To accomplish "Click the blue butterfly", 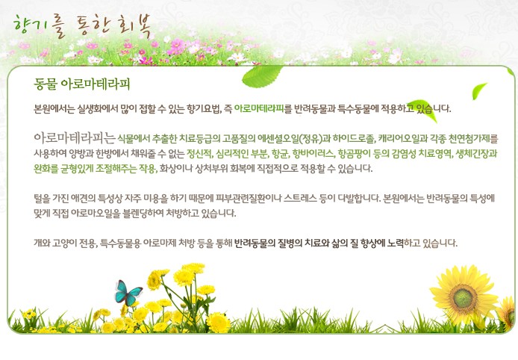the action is click(128, 293).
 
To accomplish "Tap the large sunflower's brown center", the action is click(464, 297).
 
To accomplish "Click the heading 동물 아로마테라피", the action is click(82, 84).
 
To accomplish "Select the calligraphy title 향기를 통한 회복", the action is click(82, 26).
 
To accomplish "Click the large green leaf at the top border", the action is click(262, 76).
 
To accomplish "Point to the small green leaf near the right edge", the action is click(479, 91).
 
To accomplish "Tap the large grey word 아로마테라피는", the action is click(75, 137).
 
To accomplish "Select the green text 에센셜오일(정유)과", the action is click(294, 139).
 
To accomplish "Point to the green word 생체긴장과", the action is click(476, 154).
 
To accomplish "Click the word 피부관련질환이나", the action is click(249, 199).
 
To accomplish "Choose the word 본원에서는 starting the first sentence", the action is click(54, 108).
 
